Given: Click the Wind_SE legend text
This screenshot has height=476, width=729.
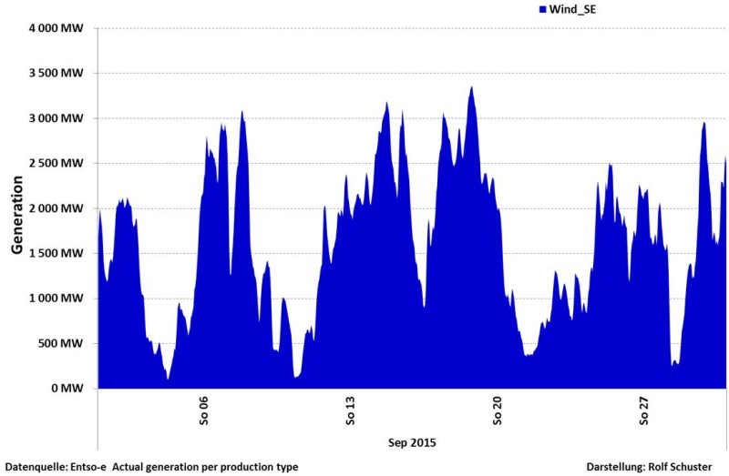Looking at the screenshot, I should pyautogui.click(x=574, y=8).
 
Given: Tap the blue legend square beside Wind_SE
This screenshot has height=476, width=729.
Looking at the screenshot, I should pyautogui.click(x=541, y=8).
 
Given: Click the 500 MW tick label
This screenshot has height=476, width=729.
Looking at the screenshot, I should pyautogui.click(x=63, y=343).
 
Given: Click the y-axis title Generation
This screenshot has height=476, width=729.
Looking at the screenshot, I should pyautogui.click(x=16, y=208).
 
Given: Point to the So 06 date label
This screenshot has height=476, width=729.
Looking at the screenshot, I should pyautogui.click(x=203, y=410).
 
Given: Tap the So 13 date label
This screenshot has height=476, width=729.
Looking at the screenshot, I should pyautogui.click(x=351, y=410).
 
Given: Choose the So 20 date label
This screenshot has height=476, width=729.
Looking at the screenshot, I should pyautogui.click(x=498, y=410).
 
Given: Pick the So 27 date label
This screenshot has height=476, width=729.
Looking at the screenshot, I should pyautogui.click(x=645, y=410).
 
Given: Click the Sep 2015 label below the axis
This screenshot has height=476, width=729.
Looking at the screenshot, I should pyautogui.click(x=411, y=443).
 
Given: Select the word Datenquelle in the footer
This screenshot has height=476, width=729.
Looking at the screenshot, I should pyautogui.click(x=33, y=467).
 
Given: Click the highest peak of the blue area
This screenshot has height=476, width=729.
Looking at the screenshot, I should pyautogui.click(x=471, y=88).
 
